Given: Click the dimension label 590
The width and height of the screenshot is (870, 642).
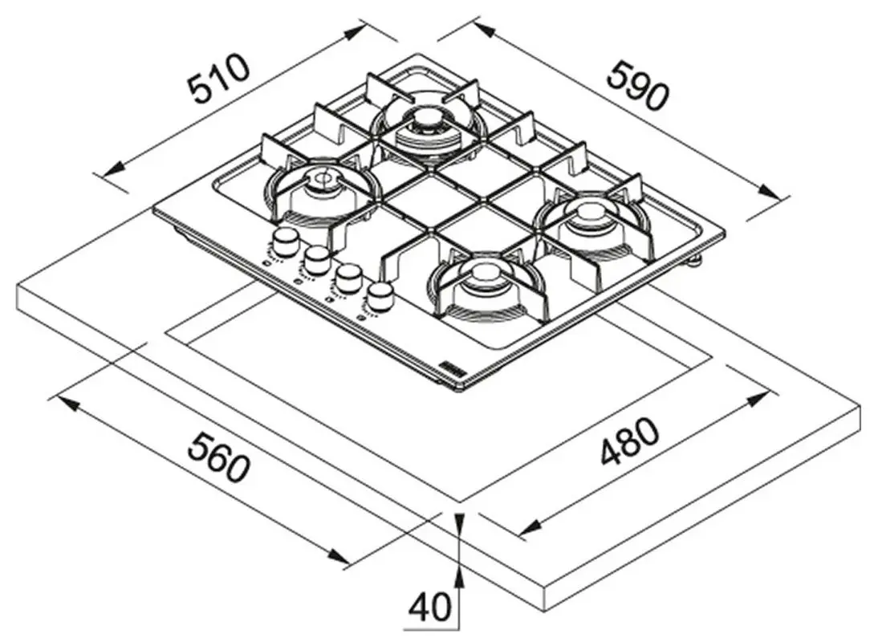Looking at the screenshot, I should pyautogui.click(x=636, y=85).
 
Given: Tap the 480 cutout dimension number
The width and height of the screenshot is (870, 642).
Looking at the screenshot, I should pyautogui.click(x=630, y=442).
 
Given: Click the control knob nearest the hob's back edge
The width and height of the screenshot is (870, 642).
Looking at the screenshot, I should pyautogui.click(x=284, y=240).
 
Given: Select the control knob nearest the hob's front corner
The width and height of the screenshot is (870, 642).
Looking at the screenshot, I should pyautogui.click(x=380, y=295).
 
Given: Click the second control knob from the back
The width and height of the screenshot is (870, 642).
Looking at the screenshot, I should pyautogui.click(x=317, y=258).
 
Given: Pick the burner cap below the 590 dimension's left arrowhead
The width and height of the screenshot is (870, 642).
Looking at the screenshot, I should pyautogui.click(x=426, y=122).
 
